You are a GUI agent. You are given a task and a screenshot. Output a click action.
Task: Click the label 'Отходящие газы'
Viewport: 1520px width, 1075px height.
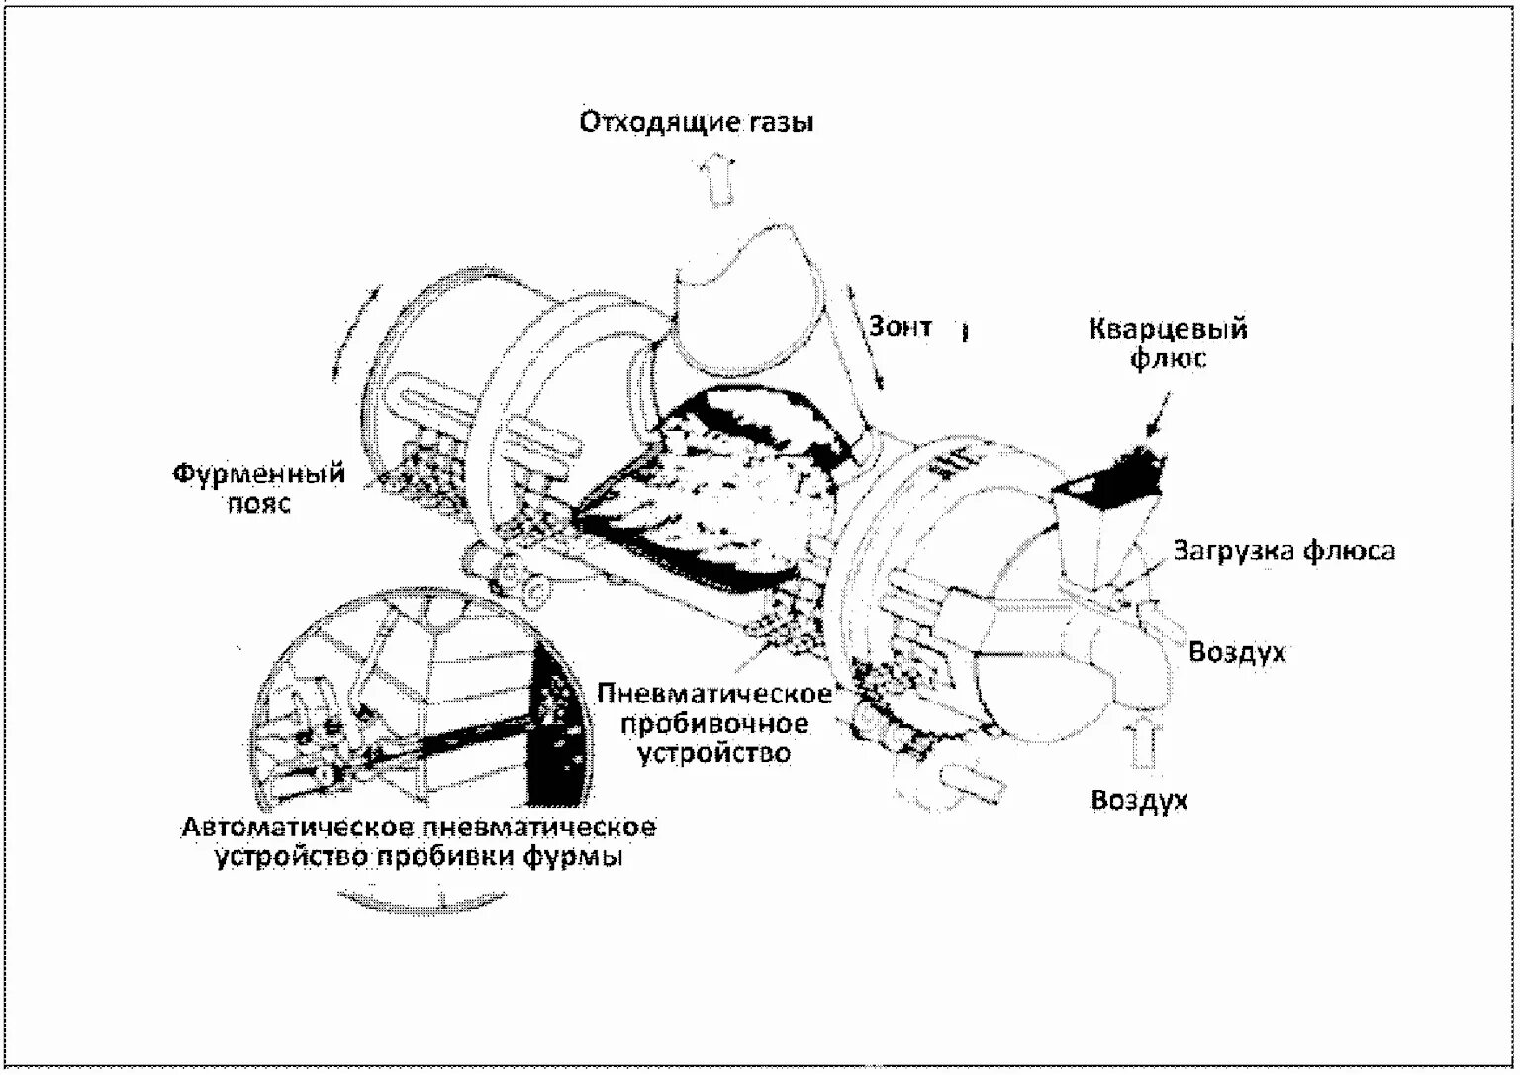pyautogui.click(x=697, y=122)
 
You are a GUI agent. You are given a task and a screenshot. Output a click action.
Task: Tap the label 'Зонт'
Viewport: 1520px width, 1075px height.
pyautogui.click(x=901, y=327)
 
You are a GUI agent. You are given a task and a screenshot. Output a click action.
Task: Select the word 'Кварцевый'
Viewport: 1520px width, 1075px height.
pyautogui.click(x=1168, y=330)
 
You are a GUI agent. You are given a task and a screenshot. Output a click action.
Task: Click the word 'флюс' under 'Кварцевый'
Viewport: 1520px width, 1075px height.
pyautogui.click(x=1168, y=357)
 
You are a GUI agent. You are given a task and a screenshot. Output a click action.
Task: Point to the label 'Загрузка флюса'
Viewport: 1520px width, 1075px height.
pyautogui.click(x=1283, y=551)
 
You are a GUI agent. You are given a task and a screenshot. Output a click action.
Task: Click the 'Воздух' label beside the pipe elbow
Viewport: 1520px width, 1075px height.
pyautogui.click(x=1237, y=652)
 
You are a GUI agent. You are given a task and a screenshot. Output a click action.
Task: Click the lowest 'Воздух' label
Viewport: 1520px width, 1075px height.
pyautogui.click(x=1139, y=800)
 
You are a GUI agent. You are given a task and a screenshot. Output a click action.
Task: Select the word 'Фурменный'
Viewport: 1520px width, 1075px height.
pyautogui.click(x=259, y=473)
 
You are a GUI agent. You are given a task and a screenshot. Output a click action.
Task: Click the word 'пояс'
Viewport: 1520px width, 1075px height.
pyautogui.click(x=259, y=503)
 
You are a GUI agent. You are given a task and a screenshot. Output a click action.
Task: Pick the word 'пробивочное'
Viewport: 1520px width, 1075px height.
pyautogui.click(x=714, y=724)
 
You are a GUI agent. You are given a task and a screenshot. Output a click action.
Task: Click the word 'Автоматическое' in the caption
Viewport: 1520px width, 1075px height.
pyautogui.click(x=294, y=828)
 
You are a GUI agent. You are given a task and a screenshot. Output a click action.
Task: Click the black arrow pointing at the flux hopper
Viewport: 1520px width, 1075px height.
pyautogui.click(x=1159, y=416)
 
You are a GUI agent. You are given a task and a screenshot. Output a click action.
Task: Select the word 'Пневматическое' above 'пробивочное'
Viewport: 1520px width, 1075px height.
pyautogui.click(x=714, y=693)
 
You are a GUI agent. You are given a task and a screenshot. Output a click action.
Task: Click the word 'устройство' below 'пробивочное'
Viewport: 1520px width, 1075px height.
pyautogui.click(x=714, y=753)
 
